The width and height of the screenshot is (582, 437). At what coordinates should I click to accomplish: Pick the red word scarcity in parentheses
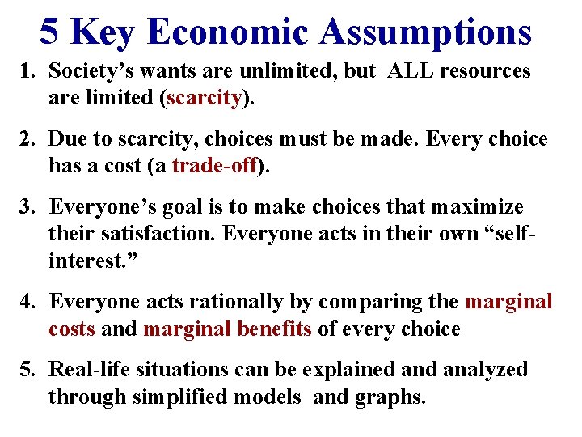(205, 98)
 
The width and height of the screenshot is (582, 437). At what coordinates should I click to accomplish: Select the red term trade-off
(214, 167)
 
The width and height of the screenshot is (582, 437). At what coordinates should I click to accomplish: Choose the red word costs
(72, 329)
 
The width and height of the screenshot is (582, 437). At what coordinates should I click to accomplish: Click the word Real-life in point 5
(85, 370)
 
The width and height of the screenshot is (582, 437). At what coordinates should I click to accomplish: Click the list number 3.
(26, 207)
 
